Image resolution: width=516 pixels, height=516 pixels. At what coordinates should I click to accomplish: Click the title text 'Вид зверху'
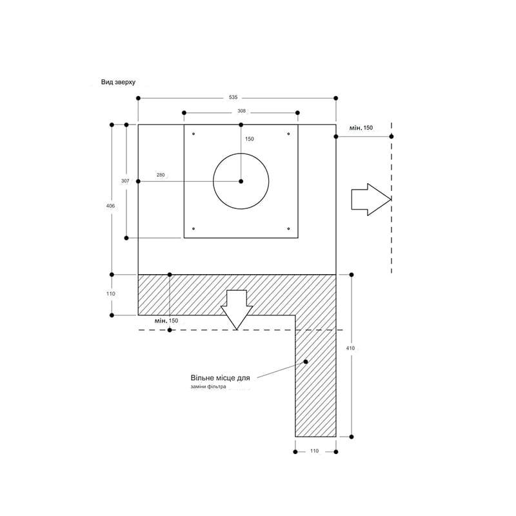click(x=118, y=83)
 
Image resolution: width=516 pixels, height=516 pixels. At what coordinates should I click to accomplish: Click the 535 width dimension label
click(x=233, y=97)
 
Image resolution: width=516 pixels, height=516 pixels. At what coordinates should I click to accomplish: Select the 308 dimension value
click(x=241, y=111)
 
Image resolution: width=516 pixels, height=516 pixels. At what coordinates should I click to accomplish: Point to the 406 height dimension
click(x=110, y=206)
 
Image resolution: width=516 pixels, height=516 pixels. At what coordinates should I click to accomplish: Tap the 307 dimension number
click(x=125, y=181)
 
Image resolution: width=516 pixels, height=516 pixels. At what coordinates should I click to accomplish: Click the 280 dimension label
click(x=161, y=175)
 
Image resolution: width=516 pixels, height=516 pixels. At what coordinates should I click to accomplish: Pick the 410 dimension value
click(x=350, y=348)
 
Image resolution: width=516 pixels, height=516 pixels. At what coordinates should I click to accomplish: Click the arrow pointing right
click(x=372, y=200)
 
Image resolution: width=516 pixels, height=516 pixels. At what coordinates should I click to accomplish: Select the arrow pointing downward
click(x=237, y=310)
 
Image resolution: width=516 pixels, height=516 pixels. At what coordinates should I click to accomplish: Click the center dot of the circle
click(x=241, y=181)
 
